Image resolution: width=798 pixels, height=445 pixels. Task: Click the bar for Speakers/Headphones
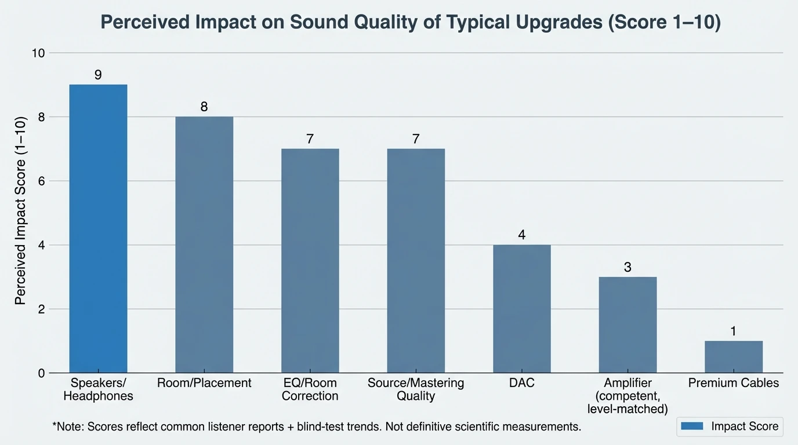pyautogui.click(x=98, y=229)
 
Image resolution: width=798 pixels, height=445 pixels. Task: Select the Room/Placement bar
pyautogui.click(x=204, y=245)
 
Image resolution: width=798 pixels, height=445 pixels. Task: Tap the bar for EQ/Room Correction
pyautogui.click(x=310, y=261)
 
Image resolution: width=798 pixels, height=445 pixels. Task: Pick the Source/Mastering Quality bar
pyautogui.click(x=416, y=261)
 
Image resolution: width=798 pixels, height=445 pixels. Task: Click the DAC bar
pyautogui.click(x=522, y=309)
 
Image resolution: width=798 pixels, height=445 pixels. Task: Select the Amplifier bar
pyautogui.click(x=627, y=325)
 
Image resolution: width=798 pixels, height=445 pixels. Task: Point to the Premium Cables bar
pyautogui.click(x=734, y=357)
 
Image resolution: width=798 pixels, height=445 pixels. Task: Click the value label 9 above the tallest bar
pyautogui.click(x=98, y=75)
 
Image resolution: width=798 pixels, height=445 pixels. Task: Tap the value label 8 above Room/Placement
pyautogui.click(x=204, y=107)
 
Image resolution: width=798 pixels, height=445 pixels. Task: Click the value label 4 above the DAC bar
pyautogui.click(x=522, y=235)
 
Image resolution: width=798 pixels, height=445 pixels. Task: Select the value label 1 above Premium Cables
pyautogui.click(x=734, y=331)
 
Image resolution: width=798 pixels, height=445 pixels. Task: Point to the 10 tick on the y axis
pyautogui.click(x=38, y=53)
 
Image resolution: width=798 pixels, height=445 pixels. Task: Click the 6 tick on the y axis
pyautogui.click(x=41, y=181)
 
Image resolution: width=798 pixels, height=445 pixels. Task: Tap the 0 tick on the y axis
pyautogui.click(x=41, y=373)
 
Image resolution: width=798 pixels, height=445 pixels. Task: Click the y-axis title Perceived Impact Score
pyautogui.click(x=20, y=213)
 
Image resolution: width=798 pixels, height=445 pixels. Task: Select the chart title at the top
pyautogui.click(x=411, y=22)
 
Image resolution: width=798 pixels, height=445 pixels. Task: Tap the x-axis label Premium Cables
pyautogui.click(x=734, y=383)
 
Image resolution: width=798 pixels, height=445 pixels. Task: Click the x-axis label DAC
pyautogui.click(x=522, y=383)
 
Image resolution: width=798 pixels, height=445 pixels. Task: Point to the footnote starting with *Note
pyautogui.click(x=317, y=427)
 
